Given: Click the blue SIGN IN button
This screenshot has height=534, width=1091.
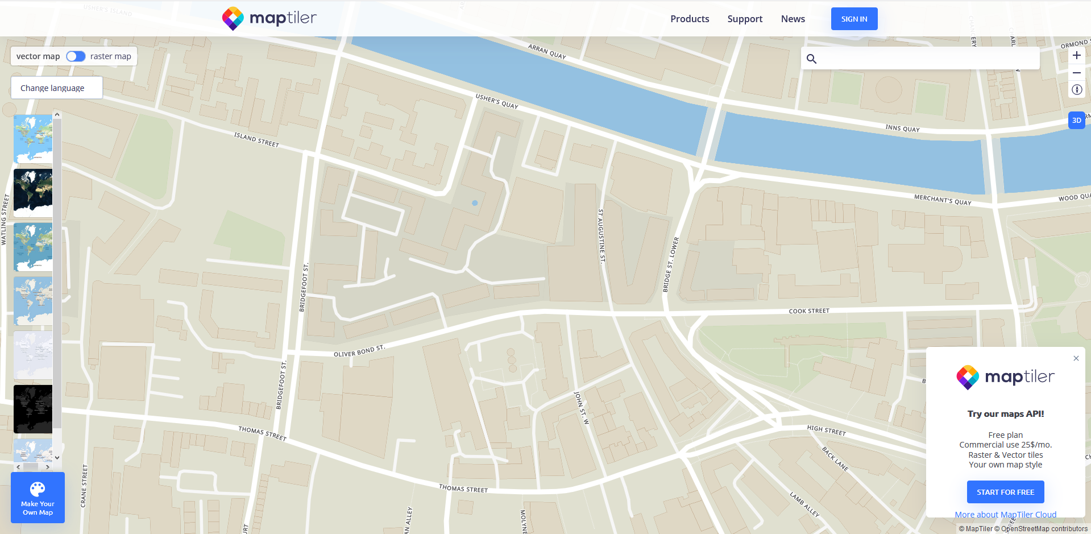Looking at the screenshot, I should (854, 19).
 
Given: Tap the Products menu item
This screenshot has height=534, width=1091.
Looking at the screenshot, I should (690, 19).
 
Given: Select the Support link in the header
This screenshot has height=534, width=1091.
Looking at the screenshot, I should (745, 19).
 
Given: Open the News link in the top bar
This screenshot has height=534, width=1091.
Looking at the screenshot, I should (793, 19).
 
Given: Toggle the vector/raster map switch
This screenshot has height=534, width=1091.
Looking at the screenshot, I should (76, 56).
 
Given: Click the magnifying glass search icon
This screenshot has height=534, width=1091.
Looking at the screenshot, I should (811, 59).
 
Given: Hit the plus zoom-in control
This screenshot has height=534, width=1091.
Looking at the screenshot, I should (1076, 55).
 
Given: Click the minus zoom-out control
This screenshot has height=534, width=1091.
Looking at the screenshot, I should (1076, 73).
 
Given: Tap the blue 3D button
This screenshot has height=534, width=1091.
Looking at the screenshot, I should (1076, 120).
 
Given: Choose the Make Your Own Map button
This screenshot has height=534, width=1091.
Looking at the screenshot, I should (38, 498).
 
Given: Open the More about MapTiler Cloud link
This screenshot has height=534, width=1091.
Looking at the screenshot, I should (1005, 514).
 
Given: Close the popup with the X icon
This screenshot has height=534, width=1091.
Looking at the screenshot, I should (1076, 358).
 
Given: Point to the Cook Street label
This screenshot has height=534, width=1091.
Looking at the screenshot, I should (809, 311).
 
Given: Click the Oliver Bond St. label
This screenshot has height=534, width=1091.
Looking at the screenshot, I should (359, 351).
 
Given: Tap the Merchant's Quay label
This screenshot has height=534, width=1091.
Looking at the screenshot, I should (943, 200).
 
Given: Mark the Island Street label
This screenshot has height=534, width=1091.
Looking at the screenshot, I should (256, 139).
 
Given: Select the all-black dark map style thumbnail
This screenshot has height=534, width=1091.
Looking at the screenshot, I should (33, 409).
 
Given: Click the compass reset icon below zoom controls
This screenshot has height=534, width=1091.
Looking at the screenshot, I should (1076, 90).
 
